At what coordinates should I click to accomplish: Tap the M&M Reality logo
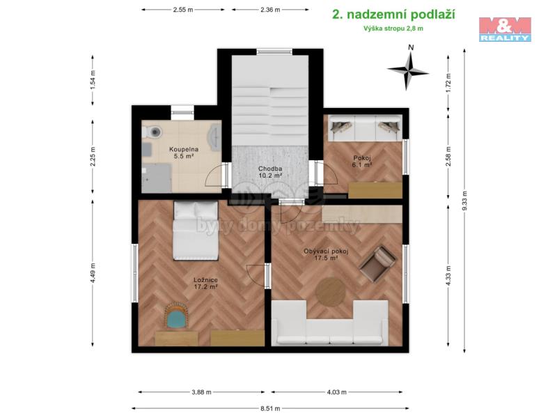[505, 29]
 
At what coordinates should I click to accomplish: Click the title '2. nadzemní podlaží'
[393, 15]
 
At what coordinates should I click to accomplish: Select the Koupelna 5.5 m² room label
[184, 153]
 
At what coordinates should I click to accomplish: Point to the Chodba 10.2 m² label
[270, 172]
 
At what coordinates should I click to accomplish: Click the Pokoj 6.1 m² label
[362, 162]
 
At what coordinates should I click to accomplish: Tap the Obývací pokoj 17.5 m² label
[326, 255]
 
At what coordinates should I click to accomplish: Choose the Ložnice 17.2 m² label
[205, 284]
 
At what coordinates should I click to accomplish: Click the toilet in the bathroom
[152, 132]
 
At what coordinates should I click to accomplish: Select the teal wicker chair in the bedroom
[177, 316]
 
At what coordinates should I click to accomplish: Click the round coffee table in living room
[330, 292]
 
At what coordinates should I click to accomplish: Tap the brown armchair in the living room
[377, 263]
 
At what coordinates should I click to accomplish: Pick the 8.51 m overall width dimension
[270, 408]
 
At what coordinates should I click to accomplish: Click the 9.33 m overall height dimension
[464, 201]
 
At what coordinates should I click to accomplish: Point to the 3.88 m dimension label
[201, 392]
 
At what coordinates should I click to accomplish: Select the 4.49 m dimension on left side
[93, 273]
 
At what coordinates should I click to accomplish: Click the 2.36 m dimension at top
[270, 10]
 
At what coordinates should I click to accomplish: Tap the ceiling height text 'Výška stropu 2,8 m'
[393, 29]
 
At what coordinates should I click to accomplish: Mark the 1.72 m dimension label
[448, 81]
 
